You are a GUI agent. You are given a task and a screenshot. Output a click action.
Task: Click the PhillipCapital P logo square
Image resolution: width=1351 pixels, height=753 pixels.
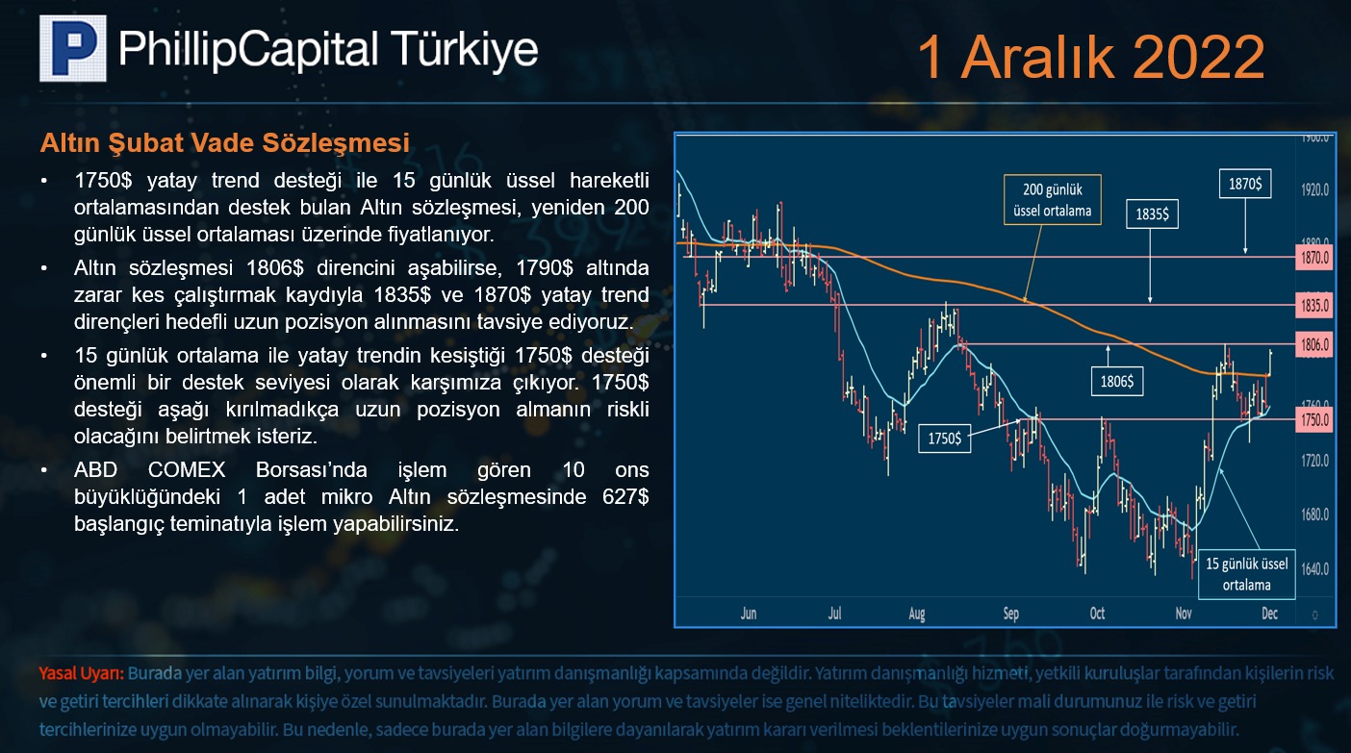point(73,48)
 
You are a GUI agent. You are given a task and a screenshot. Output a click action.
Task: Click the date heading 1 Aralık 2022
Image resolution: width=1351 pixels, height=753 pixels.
point(1090,58)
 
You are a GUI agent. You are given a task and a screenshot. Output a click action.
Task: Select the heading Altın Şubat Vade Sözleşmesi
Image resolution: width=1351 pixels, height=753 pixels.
point(225,143)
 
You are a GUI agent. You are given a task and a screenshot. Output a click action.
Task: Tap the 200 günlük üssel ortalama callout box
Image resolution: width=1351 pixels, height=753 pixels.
point(1053,200)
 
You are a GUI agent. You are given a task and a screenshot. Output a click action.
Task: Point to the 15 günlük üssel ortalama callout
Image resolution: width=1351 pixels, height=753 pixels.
point(1247,574)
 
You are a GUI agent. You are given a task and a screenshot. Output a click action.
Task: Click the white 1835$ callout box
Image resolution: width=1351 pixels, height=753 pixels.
point(1152,214)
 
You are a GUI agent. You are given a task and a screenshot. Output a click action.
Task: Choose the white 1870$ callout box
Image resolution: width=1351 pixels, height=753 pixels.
point(1245,184)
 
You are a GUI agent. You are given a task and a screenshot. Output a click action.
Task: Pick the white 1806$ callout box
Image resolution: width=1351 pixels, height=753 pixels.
point(1117,381)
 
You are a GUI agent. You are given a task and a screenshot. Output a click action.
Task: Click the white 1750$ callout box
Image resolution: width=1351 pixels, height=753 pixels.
point(945,438)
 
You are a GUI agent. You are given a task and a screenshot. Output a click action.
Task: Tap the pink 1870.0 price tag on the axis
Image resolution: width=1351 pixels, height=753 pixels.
point(1314,258)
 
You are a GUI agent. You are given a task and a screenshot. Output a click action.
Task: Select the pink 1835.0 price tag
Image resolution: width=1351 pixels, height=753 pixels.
point(1314,306)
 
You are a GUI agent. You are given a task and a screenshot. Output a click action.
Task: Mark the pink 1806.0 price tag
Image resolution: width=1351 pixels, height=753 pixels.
point(1314,345)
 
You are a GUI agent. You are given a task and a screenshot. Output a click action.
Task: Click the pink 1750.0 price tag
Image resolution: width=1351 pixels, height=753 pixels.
point(1314,419)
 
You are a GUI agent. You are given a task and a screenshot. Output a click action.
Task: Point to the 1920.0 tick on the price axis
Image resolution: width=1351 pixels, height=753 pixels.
point(1314,190)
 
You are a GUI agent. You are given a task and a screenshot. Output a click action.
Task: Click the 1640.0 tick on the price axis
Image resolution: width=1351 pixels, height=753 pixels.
point(1314,569)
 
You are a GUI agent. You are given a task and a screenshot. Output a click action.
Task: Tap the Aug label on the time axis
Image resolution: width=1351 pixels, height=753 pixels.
point(917,614)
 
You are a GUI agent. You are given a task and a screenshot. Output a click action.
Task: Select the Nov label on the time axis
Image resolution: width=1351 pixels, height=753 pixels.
point(1184,614)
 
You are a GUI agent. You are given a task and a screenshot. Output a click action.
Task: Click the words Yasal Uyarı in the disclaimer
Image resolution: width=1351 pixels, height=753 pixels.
point(82,673)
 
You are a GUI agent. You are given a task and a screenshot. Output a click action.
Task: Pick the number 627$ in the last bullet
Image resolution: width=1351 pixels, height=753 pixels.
point(625,497)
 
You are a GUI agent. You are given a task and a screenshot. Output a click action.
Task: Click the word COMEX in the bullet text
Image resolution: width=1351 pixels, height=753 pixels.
point(187,469)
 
